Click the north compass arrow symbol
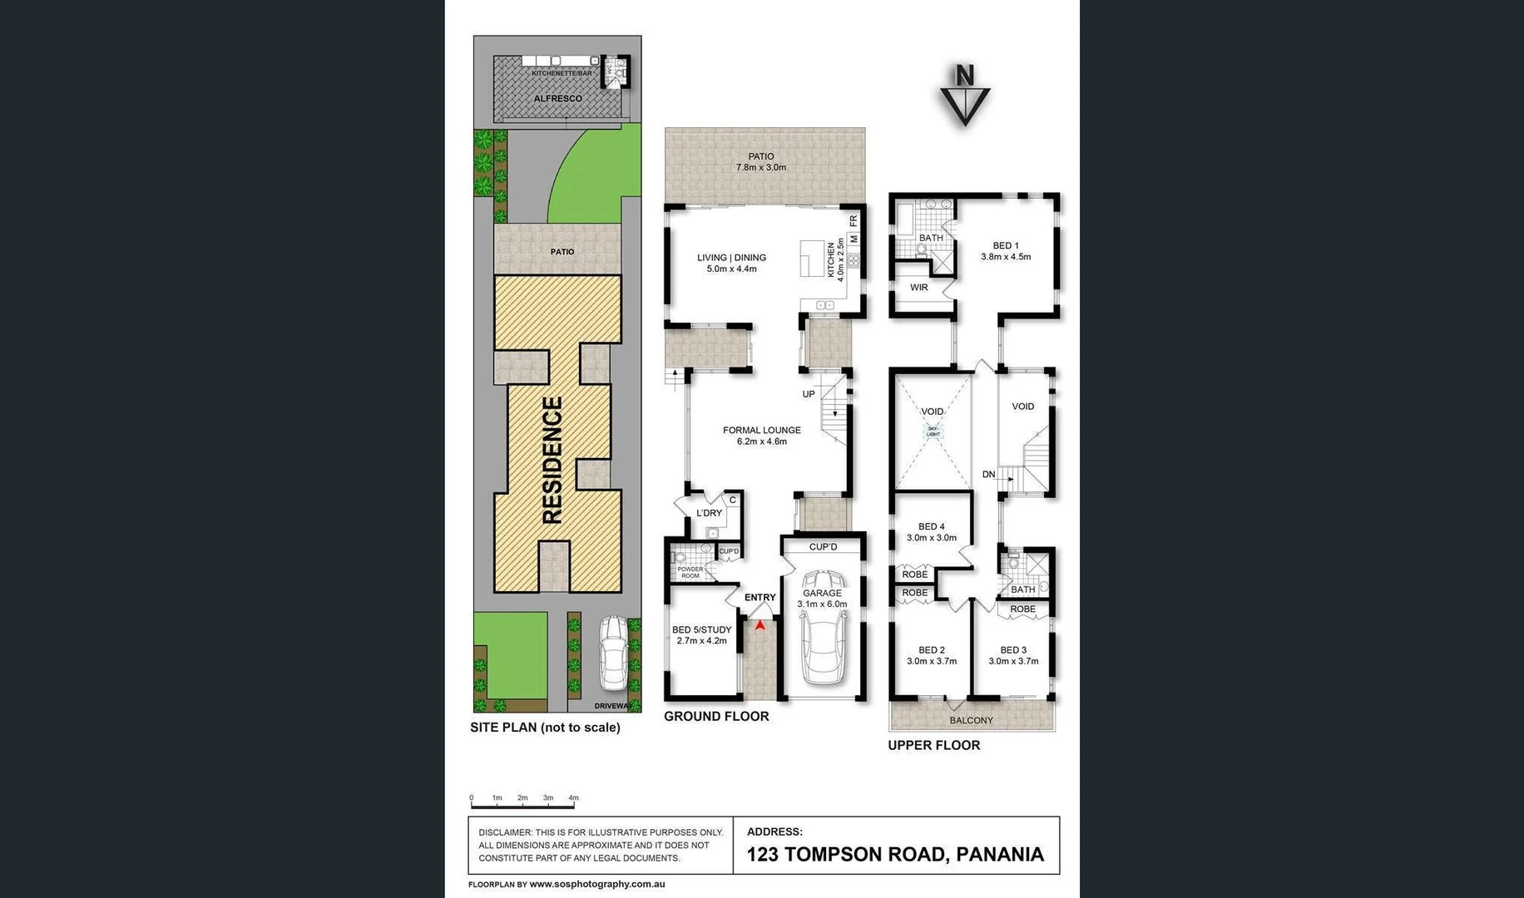point(965,97)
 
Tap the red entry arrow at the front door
point(760,624)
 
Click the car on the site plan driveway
point(615,654)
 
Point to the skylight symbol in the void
point(933,432)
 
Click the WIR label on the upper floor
point(918,288)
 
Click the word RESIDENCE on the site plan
point(552,460)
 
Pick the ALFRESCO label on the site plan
point(557,99)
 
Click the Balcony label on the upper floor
point(971,720)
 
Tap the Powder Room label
point(690,573)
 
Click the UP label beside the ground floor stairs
point(808,394)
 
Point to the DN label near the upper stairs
point(988,475)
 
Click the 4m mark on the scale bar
point(573,798)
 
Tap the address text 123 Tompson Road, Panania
point(895,855)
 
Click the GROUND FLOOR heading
point(716,716)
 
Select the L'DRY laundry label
point(709,513)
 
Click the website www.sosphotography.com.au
point(596,885)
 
